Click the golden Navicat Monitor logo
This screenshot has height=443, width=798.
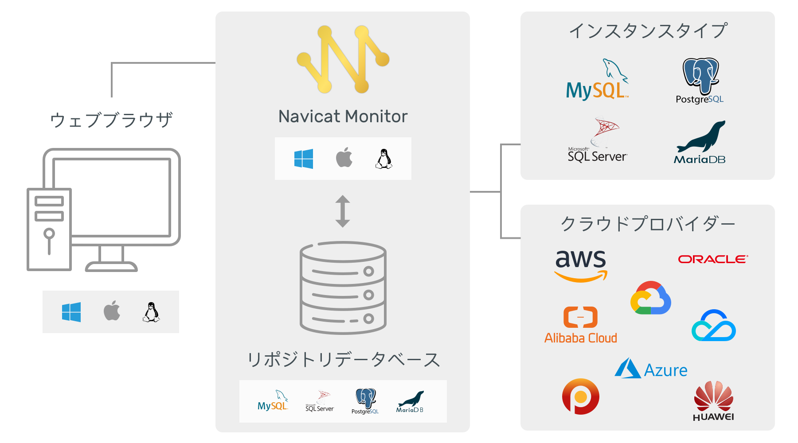(343, 59)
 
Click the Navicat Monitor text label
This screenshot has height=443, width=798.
(343, 117)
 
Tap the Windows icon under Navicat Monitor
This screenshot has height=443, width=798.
(304, 159)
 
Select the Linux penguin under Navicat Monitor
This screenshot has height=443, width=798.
(384, 159)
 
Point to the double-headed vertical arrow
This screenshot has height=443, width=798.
(343, 211)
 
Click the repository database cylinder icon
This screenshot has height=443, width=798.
(343, 288)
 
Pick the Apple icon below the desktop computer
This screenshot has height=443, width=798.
(112, 311)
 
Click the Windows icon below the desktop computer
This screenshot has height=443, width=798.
(71, 312)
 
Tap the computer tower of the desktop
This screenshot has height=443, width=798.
(49, 229)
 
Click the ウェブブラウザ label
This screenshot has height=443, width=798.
(111, 120)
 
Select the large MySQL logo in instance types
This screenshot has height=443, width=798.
(597, 80)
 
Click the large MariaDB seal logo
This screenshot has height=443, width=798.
(700, 142)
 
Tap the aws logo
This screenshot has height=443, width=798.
(581, 265)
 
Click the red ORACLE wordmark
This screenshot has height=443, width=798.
(713, 259)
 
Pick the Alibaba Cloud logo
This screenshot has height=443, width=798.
(581, 325)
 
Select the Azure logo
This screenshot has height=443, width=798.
(651, 369)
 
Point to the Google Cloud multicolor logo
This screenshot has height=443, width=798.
(651, 297)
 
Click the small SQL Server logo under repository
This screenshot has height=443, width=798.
(320, 401)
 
